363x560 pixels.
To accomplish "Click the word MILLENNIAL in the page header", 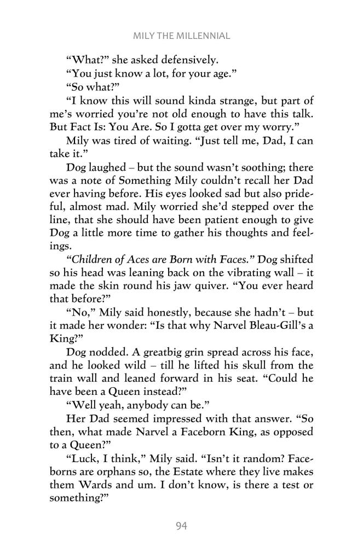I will (203, 37).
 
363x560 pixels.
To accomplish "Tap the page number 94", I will (182, 526).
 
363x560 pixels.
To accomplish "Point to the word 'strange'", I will (218, 104).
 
